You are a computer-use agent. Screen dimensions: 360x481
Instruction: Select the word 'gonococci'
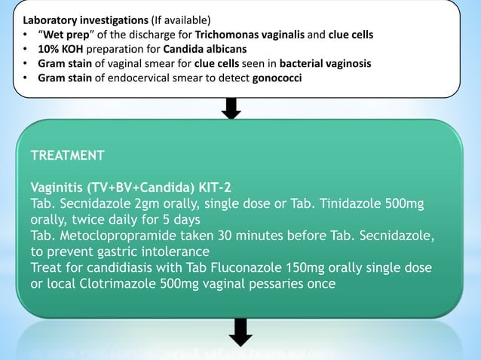coord(274,78)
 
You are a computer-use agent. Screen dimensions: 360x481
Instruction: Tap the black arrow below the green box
coord(240,334)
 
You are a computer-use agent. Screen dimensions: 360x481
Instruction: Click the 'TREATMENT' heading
coord(67,156)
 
